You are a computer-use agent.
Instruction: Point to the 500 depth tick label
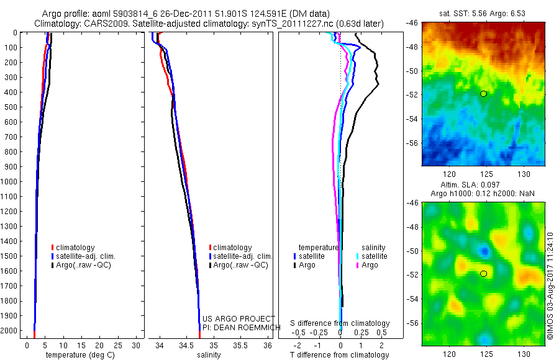(x=11, y=107)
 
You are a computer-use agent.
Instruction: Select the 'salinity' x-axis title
(x=209, y=355)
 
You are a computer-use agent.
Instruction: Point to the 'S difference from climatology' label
(x=340, y=324)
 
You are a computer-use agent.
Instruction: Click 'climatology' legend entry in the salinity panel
(x=233, y=248)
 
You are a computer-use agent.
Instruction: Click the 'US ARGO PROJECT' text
(x=239, y=319)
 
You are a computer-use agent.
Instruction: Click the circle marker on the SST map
(x=483, y=94)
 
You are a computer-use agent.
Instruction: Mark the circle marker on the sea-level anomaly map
(x=483, y=274)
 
